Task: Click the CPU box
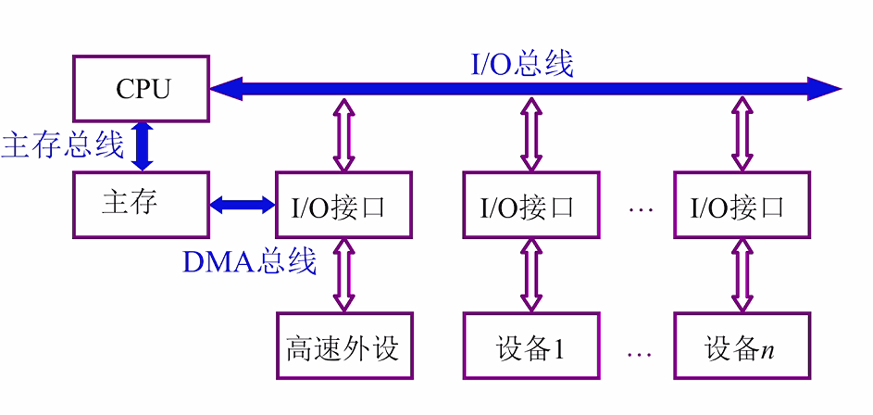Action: (x=142, y=89)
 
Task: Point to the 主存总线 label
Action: (x=62, y=145)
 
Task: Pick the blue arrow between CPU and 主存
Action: (x=142, y=146)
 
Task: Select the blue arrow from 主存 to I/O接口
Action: (x=243, y=205)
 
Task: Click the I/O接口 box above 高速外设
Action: (x=344, y=206)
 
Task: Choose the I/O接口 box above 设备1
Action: (x=531, y=206)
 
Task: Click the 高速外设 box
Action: (x=344, y=346)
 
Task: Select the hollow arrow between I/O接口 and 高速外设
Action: (x=344, y=275)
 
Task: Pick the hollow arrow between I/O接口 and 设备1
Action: (x=531, y=275)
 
